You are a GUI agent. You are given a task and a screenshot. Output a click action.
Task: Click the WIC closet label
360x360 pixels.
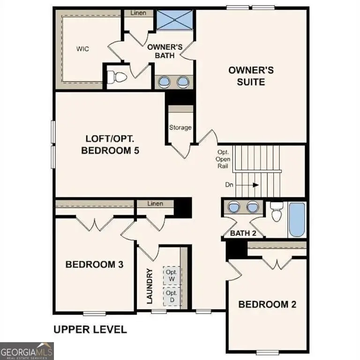click(83, 49)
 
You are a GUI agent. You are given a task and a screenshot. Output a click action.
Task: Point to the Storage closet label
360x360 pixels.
click(180, 127)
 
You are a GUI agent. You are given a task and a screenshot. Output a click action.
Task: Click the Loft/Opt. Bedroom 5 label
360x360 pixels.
click(111, 145)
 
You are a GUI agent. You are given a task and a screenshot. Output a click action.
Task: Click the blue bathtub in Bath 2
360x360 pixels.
click(296, 219)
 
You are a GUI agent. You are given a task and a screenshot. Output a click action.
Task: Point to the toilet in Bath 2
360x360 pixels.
click(277, 212)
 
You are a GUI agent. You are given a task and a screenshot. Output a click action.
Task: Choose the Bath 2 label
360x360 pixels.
click(243, 233)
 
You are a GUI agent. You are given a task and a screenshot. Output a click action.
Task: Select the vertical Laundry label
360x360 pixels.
click(150, 286)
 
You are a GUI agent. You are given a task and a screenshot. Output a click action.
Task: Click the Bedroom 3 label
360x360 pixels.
click(94, 264)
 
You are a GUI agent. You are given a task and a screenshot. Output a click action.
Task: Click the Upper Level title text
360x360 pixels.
click(90, 329)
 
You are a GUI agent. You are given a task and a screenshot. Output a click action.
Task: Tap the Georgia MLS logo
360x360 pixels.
click(27, 351)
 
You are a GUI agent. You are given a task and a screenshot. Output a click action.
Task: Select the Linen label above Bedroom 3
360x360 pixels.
click(155, 204)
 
